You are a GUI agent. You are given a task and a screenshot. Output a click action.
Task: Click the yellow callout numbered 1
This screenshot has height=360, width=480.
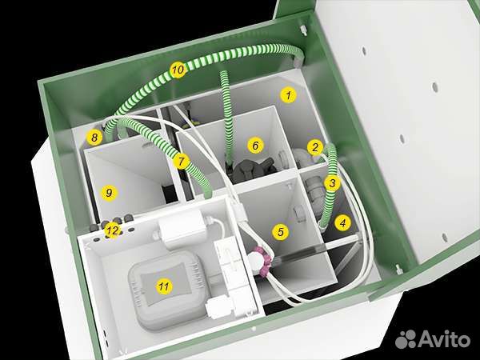click(288, 95)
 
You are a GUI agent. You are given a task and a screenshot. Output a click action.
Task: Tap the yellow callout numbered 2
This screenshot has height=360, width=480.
click(315, 147)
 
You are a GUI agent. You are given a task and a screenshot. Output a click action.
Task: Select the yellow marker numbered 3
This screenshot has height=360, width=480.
click(332, 183)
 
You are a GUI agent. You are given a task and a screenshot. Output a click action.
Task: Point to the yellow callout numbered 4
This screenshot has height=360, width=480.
click(343, 223)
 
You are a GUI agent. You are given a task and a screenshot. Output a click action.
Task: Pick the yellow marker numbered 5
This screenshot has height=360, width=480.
click(281, 232)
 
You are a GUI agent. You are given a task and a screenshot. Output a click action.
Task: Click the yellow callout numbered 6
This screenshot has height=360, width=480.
click(255, 146)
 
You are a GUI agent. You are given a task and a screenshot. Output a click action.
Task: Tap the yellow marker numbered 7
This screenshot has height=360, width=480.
click(181, 161)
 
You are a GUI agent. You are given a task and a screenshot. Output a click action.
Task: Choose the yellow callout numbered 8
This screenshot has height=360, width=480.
click(94, 137)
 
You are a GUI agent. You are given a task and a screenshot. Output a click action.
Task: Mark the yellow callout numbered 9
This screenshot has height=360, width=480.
click(109, 193)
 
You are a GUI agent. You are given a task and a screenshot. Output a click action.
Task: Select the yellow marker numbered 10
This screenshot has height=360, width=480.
click(178, 70)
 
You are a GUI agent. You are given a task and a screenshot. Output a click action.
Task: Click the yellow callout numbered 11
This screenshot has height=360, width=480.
click(164, 286)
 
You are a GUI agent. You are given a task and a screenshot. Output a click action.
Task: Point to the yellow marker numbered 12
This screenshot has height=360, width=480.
click(112, 230)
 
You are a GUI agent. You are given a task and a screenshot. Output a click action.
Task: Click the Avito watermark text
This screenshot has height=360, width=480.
click(443, 339)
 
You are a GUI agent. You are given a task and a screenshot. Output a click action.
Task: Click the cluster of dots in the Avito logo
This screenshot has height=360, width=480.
click(406, 339)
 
